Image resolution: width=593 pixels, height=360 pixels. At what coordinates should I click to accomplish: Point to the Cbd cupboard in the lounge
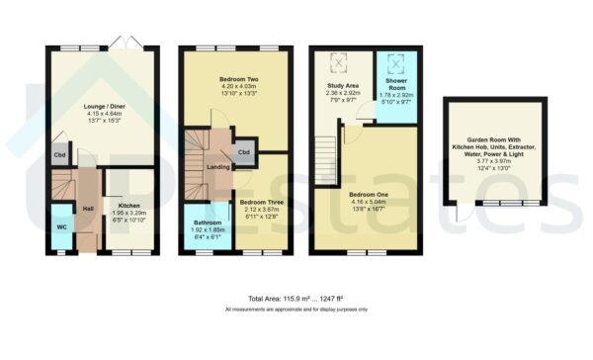click(59, 155)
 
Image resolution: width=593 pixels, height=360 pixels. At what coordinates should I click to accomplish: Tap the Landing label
click(218, 166)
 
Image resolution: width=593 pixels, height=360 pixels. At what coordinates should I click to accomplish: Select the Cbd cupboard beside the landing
click(243, 153)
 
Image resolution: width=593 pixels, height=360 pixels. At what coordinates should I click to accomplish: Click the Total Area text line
click(296, 298)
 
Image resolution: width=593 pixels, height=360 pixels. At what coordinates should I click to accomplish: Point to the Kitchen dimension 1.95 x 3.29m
click(127, 212)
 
